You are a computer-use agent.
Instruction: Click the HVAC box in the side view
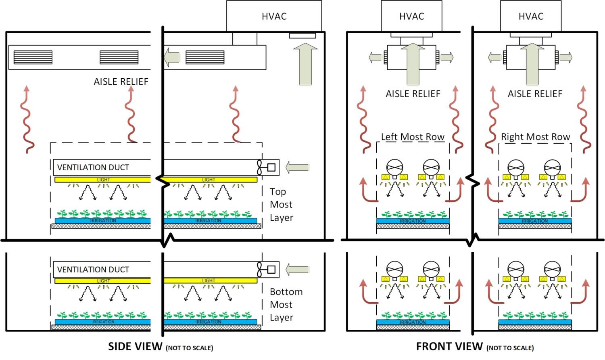click(274, 16)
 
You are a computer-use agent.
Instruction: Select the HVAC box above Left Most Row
click(411, 16)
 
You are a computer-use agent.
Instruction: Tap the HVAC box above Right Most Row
click(531, 16)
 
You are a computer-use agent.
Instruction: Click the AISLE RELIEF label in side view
click(121, 82)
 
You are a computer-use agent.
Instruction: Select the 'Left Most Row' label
click(413, 137)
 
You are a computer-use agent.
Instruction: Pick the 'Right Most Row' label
click(535, 137)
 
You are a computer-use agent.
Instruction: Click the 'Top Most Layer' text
click(281, 205)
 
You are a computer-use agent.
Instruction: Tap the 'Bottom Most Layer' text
click(286, 305)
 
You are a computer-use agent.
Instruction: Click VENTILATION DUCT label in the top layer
click(93, 167)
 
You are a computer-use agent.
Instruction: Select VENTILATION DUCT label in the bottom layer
click(93, 270)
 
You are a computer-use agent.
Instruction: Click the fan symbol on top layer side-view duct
click(261, 167)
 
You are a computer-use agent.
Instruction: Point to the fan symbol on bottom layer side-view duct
click(261, 270)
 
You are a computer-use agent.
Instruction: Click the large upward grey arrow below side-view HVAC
click(305, 65)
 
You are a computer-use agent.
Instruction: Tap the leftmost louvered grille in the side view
click(33, 57)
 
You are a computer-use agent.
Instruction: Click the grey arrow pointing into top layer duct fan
click(297, 167)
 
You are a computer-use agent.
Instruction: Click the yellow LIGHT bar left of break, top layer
click(103, 180)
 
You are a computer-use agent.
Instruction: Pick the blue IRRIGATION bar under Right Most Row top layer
click(535, 221)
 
